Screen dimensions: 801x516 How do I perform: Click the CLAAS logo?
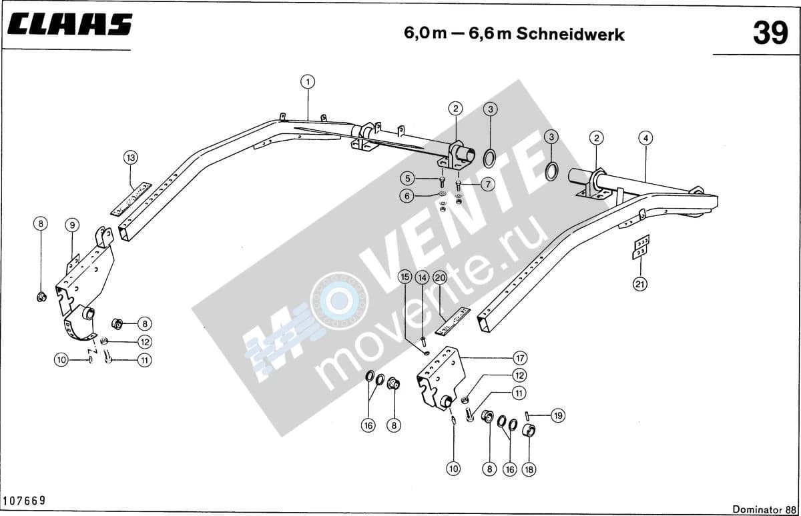69,24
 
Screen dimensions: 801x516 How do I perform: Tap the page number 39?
770,33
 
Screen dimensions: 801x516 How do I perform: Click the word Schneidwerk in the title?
570,34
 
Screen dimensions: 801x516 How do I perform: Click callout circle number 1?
308,82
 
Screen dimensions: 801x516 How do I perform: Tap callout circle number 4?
645,138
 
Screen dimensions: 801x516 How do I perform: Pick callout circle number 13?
131,157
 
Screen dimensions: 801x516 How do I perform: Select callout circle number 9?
72,225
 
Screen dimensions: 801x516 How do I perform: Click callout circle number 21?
640,284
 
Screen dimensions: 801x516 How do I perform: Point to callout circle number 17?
520,358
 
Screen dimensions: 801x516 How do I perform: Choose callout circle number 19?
558,415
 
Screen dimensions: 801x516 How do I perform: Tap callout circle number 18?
529,469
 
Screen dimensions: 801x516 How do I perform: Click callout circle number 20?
440,278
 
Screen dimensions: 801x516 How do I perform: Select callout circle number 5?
407,178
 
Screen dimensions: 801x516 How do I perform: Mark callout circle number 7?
488,184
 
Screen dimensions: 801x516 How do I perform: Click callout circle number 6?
407,196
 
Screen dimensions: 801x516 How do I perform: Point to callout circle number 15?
405,277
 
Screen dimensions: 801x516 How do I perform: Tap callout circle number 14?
423,278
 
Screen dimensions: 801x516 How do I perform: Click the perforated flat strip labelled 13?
131,199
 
